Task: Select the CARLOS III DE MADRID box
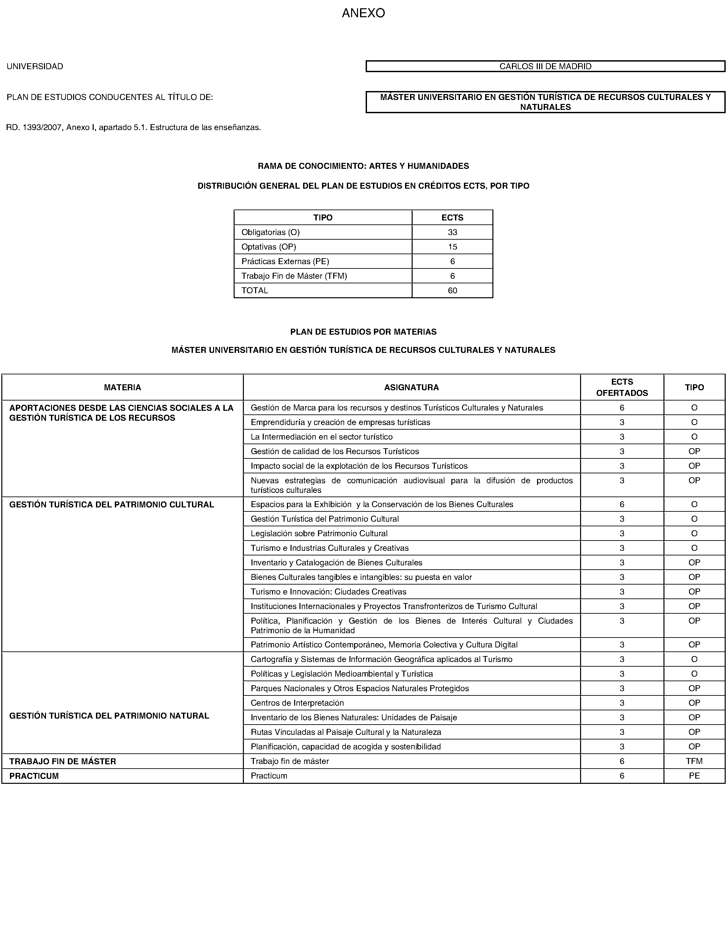point(545,66)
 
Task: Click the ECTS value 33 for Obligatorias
point(452,232)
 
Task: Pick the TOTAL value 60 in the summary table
point(452,290)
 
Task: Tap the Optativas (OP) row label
point(269,247)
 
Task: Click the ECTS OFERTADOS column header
point(622,387)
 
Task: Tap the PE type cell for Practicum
point(694,776)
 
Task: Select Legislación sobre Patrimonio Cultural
point(319,534)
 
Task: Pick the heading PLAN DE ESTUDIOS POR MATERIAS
point(363,332)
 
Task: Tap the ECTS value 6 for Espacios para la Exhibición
point(622,504)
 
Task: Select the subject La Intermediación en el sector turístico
point(322,437)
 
